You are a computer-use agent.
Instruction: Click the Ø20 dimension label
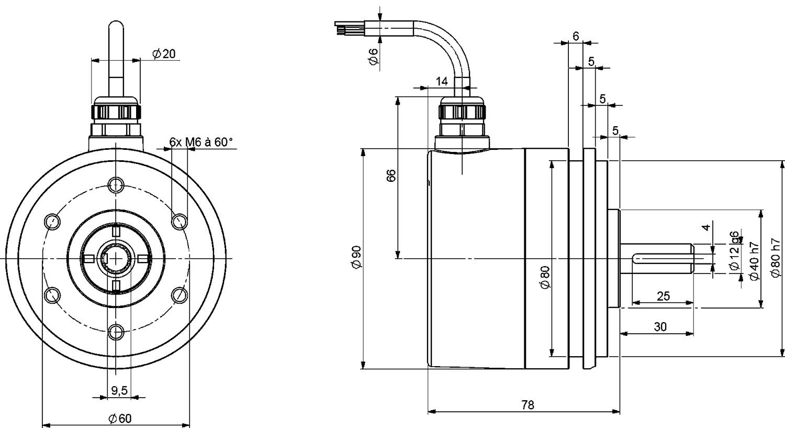pyautogui.click(x=164, y=53)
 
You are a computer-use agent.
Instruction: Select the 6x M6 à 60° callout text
pyautogui.click(x=201, y=142)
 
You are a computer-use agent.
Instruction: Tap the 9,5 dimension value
pyautogui.click(x=119, y=390)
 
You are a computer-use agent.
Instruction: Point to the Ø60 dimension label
pyautogui.click(x=120, y=418)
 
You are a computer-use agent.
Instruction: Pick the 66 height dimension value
pyautogui.click(x=391, y=175)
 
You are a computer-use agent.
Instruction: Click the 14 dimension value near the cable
pyautogui.click(x=442, y=81)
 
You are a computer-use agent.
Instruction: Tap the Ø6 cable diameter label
pyautogui.click(x=373, y=56)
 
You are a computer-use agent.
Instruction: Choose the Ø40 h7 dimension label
pyautogui.click(x=754, y=261)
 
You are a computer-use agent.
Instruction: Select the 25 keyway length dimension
pyautogui.click(x=663, y=296)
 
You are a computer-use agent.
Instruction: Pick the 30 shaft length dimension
pyautogui.click(x=660, y=327)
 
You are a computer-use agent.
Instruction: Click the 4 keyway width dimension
pyautogui.click(x=706, y=227)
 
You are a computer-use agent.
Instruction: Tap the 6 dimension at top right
pyautogui.click(x=576, y=36)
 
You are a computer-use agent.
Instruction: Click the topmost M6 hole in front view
pyautogui.click(x=116, y=184)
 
